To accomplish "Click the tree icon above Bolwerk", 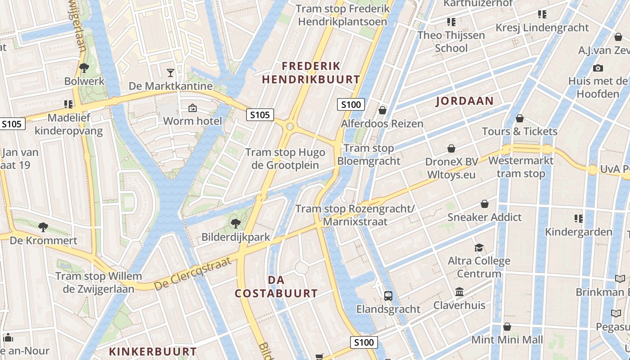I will pos(84,68).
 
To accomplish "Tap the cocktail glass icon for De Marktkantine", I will pos(171,72).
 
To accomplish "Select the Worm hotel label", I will pos(193,121).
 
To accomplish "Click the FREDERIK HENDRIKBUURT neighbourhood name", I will pos(311,73).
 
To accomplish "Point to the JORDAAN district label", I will pos(464,101).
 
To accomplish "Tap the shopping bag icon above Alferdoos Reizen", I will pos(382,110).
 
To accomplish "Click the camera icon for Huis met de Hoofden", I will pos(598,68).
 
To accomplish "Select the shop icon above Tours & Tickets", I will pos(520,118).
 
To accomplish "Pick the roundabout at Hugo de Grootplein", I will pos(290,126).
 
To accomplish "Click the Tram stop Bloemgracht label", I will pos(369,154).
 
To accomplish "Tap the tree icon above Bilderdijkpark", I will pos(235,223).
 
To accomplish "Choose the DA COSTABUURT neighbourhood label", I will pos(276,287).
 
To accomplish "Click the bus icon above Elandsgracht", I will pos(388,296).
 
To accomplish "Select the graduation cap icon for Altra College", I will pos(479,247).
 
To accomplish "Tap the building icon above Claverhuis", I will pos(459,292).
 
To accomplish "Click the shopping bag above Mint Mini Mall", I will pos(507,327).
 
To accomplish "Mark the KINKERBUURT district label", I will pos(153,351).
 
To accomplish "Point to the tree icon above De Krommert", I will pos(43,227).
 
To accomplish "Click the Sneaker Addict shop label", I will pos(484,217).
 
